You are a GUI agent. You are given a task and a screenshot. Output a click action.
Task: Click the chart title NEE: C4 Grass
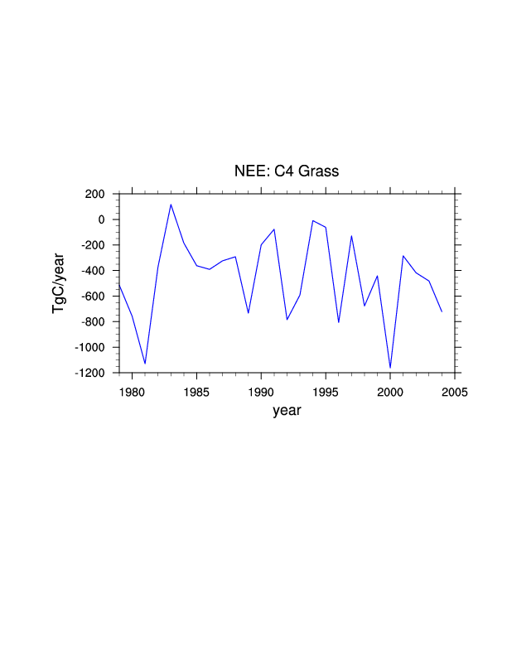[287, 171]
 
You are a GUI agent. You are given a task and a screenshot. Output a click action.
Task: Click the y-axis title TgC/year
[59, 283]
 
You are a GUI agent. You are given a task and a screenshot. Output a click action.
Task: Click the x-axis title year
[287, 410]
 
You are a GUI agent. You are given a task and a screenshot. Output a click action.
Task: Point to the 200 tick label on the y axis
[93, 194]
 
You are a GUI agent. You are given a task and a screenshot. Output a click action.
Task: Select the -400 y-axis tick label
[91, 271]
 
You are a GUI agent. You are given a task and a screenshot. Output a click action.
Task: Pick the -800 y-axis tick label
[91, 322]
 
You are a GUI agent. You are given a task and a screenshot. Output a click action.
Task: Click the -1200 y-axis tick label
[89, 374]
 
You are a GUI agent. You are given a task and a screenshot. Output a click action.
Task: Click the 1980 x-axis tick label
[132, 391]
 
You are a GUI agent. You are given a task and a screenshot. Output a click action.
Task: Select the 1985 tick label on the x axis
[196, 391]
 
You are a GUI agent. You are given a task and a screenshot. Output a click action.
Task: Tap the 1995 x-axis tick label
[326, 391]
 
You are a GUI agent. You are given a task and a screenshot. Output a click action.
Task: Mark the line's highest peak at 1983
[171, 205]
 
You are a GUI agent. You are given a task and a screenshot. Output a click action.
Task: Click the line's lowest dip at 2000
[390, 368]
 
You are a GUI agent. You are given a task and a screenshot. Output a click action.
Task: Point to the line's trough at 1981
[145, 364]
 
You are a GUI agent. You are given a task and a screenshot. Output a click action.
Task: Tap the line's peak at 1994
[313, 220]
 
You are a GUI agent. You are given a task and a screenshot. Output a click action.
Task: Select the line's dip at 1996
[339, 322]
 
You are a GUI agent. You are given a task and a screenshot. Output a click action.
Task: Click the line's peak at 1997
[351, 236]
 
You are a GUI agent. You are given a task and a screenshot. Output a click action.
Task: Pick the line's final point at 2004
[442, 311]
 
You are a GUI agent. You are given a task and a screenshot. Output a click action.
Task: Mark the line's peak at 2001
[403, 256]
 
